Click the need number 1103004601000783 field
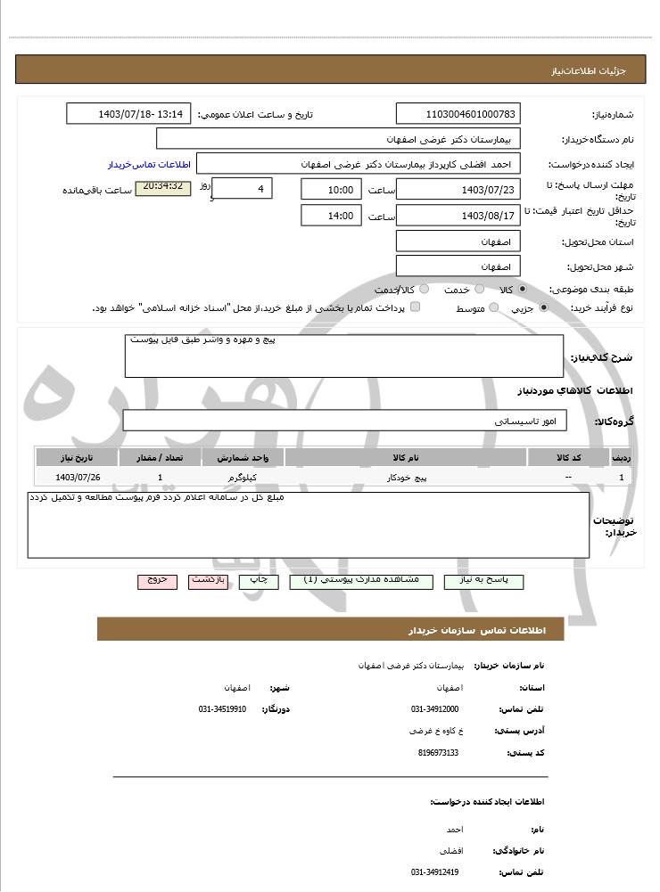458,114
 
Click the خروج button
157,580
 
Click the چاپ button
258,580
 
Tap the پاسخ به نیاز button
483,580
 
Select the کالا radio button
522,290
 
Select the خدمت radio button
479,290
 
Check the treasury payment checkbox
415,307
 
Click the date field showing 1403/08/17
458,216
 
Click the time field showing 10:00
331,190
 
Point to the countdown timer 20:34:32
162,188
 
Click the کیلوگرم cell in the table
243,479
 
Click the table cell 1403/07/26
77,479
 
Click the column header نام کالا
406,458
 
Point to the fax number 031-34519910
222,709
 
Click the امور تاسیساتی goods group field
343,420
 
